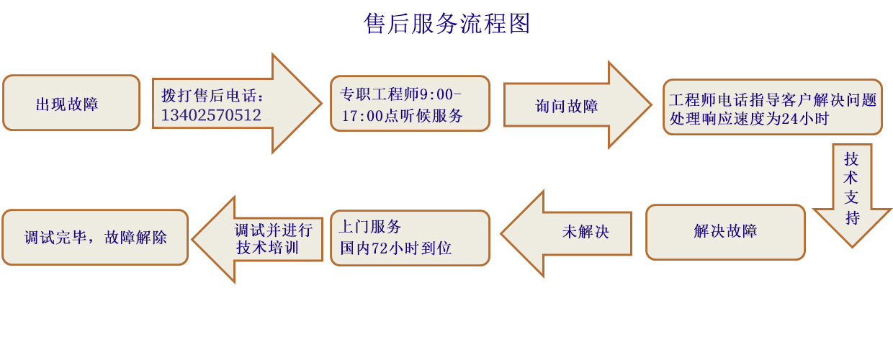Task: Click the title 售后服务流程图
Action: [x=447, y=24]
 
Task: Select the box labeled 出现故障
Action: [x=71, y=103]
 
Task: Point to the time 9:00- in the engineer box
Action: [x=441, y=94]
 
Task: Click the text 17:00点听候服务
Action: [x=402, y=115]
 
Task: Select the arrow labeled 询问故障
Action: [x=567, y=106]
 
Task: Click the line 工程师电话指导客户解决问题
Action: [x=772, y=100]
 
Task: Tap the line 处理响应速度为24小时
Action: [x=750, y=119]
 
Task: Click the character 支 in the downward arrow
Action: [x=852, y=198]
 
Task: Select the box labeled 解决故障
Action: [x=724, y=232]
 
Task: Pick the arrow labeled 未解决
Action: [x=585, y=233]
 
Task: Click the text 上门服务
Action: [x=370, y=227]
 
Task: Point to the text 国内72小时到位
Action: [x=395, y=248]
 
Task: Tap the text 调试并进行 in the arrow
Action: [x=274, y=230]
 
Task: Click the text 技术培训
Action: [x=268, y=248]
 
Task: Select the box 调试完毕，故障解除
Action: [x=95, y=237]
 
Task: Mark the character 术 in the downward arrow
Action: [x=852, y=178]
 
